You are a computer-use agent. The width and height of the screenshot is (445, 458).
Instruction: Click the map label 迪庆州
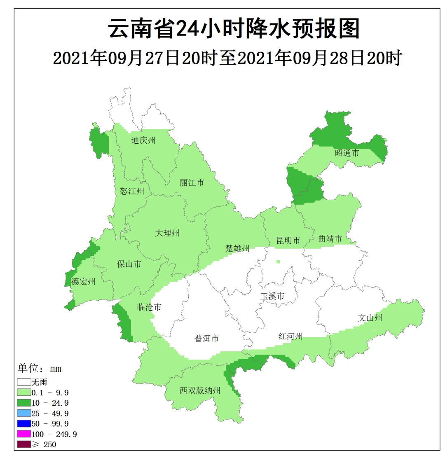click(143, 140)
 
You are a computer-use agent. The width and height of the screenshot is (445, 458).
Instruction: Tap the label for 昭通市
click(347, 153)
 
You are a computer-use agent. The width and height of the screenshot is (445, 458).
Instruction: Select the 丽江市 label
click(192, 183)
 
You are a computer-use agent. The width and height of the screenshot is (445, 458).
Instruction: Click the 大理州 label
click(167, 233)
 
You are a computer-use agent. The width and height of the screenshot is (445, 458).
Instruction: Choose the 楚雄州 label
click(237, 248)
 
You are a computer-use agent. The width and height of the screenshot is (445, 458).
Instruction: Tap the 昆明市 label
click(288, 241)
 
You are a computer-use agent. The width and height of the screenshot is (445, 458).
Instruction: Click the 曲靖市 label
click(330, 238)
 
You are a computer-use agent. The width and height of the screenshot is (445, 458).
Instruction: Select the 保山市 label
click(129, 264)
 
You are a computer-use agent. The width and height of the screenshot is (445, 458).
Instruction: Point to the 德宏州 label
click(83, 282)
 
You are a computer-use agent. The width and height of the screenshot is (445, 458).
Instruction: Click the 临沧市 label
click(149, 307)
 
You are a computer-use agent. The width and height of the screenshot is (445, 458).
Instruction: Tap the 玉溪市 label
click(272, 297)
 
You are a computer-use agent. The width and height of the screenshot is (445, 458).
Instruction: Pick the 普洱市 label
click(206, 339)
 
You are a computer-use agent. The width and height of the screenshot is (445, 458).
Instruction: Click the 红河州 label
click(290, 336)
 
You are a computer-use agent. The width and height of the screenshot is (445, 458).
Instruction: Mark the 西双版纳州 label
click(200, 391)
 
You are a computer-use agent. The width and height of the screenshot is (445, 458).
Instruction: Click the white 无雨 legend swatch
click(24, 382)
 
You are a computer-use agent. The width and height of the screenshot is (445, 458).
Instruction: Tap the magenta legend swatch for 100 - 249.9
click(24, 434)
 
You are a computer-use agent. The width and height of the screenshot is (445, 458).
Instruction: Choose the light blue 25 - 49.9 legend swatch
click(24, 413)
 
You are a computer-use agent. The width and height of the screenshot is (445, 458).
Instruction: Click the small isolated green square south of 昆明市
click(279, 262)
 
